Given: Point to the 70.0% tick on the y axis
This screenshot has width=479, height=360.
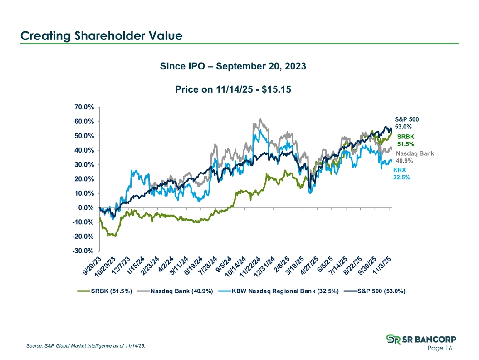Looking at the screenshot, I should point(84,108).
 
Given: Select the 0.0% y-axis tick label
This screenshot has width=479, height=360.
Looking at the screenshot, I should point(86,208).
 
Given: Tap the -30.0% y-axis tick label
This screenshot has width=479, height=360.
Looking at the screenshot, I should point(83,251).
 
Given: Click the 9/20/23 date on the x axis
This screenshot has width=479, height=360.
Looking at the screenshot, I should point(90,267).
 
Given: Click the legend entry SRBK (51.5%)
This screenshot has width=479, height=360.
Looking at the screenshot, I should point(111,291).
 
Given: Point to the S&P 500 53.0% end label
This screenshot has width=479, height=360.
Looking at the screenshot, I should point(407,123).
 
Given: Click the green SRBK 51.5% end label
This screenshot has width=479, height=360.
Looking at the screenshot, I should point(406,140).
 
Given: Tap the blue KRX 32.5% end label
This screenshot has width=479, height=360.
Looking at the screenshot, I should point(401,174).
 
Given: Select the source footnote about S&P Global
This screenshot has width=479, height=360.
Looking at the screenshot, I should point(86,346).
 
